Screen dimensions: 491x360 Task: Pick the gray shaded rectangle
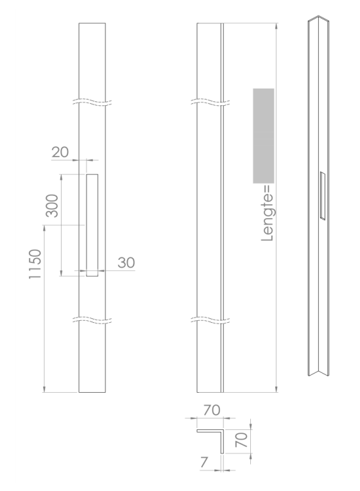coord(264,135)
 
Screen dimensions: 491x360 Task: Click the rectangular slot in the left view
coord(92,225)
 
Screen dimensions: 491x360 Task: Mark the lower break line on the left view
coord(91,319)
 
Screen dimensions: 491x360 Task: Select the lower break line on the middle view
coord(210,319)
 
